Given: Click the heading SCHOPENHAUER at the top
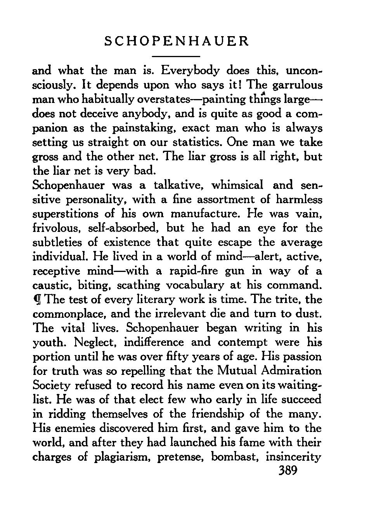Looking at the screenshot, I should pyautogui.click(x=177, y=41).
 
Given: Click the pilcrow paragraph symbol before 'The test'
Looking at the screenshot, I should pyautogui.click(x=38, y=300).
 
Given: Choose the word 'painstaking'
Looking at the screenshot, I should pyautogui.click(x=142, y=128).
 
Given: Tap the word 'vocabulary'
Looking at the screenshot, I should pyautogui.click(x=195, y=286).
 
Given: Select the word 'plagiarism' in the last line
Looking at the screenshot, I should pyautogui.click(x=122, y=457).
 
